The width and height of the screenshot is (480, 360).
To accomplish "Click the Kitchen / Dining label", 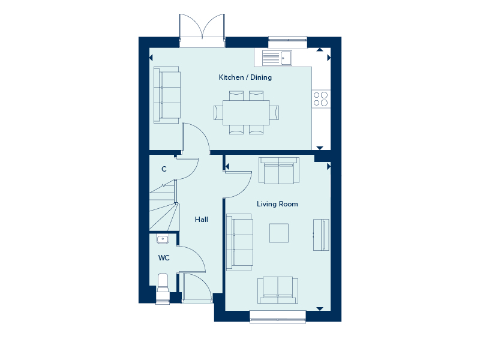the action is [x=245, y=77].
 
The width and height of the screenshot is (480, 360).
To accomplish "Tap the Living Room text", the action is [x=277, y=204].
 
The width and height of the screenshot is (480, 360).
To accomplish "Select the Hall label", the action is [x=202, y=220].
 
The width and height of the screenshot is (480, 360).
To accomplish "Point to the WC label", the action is [x=164, y=258].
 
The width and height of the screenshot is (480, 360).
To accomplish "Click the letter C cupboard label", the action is [x=164, y=169].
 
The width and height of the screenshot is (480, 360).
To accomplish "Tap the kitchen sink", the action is [x=277, y=58].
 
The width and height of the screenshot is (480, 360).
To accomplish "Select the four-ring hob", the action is [x=321, y=99].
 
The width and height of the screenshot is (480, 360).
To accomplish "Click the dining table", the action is [x=246, y=112].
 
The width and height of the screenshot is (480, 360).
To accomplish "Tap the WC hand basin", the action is [x=163, y=239].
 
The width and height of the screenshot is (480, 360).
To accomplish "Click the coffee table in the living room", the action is [x=279, y=233].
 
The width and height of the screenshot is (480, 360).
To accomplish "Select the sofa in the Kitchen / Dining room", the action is [x=167, y=95].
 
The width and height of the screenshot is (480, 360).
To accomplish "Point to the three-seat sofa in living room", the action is [x=239, y=242].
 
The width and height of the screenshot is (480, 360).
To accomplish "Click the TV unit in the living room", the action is [x=321, y=235].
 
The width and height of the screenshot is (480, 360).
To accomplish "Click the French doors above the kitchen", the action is [x=202, y=31].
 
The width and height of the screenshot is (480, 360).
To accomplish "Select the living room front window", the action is [x=278, y=317].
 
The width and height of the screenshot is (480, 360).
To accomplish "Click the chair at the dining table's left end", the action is [x=218, y=112].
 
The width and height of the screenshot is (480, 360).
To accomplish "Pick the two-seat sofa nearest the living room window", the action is [x=278, y=290].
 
